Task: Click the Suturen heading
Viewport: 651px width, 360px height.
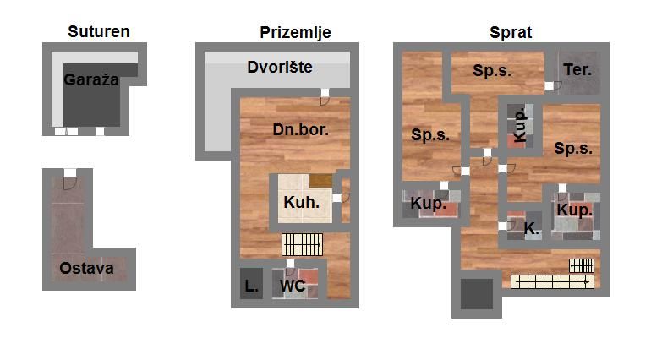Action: [x=99, y=31]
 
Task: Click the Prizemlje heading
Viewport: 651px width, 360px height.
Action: [x=295, y=32]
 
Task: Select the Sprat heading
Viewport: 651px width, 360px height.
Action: [x=511, y=33]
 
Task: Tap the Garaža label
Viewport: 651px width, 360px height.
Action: [x=91, y=79]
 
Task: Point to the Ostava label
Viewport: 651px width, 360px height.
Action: [x=86, y=268]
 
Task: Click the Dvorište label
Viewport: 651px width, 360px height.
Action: [x=280, y=68]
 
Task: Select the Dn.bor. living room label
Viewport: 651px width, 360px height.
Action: [x=301, y=130]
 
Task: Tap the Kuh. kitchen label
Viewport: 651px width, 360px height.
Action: [x=302, y=202]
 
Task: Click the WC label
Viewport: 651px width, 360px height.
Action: [x=293, y=286]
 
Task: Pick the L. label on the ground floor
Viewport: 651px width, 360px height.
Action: [x=251, y=286]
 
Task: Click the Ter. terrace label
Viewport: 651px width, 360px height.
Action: [x=577, y=70]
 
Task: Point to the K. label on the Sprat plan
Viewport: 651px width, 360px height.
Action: [x=532, y=228]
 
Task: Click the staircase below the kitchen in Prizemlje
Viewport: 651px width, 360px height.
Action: [x=303, y=244]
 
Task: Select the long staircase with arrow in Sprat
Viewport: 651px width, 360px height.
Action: [x=552, y=282]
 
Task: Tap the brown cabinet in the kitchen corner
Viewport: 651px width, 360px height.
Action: [x=320, y=181]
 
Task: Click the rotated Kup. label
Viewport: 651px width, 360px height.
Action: [x=520, y=125]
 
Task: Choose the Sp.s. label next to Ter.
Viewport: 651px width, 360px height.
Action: [x=492, y=71]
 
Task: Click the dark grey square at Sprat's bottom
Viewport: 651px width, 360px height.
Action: [x=477, y=294]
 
